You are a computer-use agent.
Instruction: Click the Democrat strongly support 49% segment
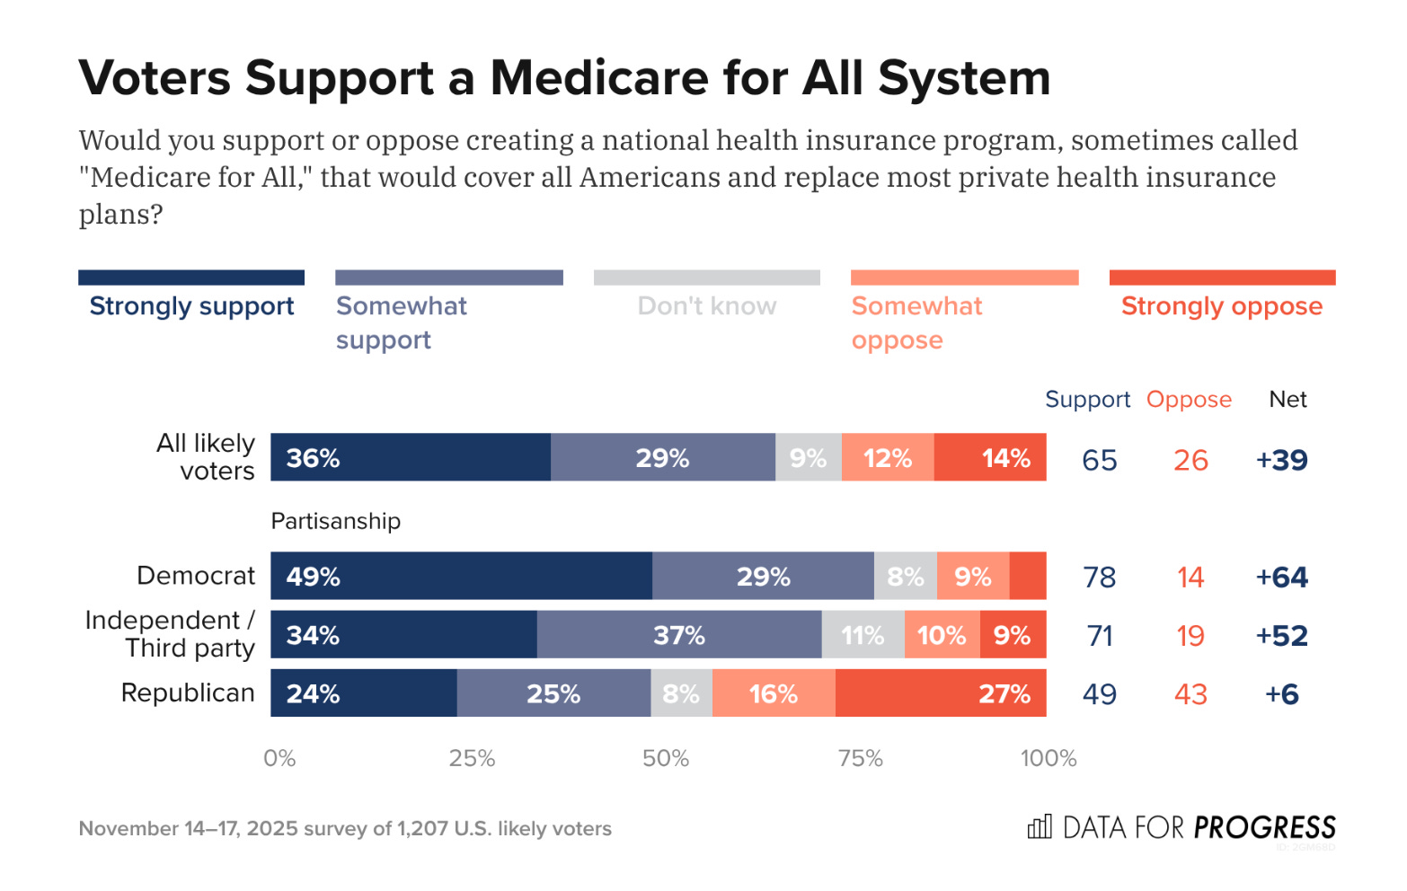pos(461,576)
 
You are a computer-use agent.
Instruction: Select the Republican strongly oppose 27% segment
pos(941,693)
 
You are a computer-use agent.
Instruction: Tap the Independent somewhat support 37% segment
pos(679,635)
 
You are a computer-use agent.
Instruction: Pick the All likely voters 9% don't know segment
pos(809,458)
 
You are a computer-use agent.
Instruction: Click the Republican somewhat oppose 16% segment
pos(774,693)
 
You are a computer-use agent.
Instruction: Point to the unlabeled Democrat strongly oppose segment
pos(1028,576)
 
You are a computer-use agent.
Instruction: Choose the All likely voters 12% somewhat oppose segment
pos(888,458)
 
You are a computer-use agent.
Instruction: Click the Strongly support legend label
pos(191,306)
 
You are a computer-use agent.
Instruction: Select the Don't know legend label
pos(707,306)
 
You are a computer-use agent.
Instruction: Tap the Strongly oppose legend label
pos(1222,306)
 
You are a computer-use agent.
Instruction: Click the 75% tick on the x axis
pos(860,759)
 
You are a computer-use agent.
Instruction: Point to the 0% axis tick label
pos(279,759)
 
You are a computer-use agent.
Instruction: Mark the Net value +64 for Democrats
pos(1282,577)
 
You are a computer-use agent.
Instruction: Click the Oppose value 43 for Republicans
pos(1190,694)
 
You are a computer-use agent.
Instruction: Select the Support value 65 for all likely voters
pos(1100,460)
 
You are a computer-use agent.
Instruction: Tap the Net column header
pos(1288,399)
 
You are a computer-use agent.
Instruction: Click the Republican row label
pos(188,693)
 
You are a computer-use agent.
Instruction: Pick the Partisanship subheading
pos(336,521)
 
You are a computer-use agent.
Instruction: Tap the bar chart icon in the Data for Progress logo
pos(1040,827)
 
